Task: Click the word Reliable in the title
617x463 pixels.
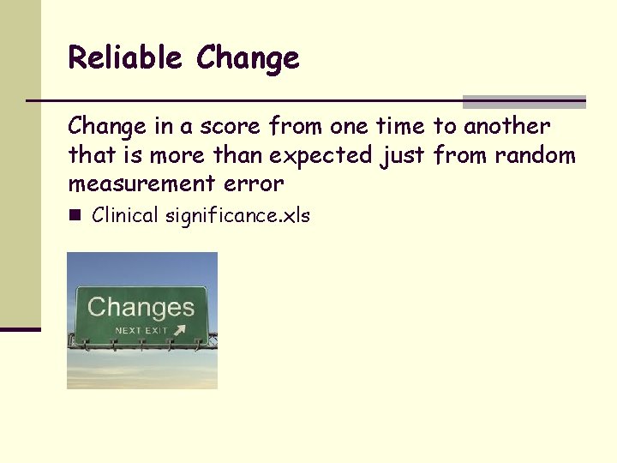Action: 126,57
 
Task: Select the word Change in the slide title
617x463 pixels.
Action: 248,59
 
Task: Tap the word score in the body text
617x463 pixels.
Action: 231,127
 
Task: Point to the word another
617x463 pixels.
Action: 506,127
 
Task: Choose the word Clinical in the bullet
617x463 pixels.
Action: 124,215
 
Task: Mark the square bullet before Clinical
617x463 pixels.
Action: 75,215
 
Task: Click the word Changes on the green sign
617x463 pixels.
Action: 141,307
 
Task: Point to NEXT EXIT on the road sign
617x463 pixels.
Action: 141,330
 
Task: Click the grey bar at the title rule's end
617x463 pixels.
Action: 524,101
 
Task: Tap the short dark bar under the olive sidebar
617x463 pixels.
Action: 20,328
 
